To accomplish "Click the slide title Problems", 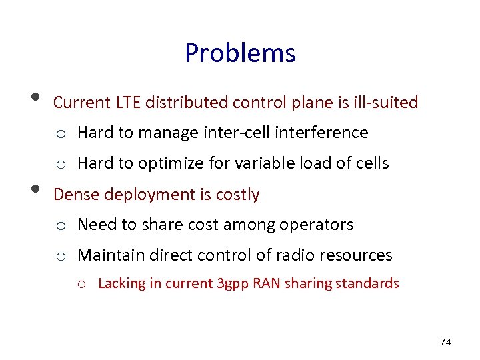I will pyautogui.click(x=240, y=53).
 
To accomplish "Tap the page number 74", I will pyautogui.click(x=446, y=343).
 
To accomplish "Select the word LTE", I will pyautogui.click(x=128, y=103).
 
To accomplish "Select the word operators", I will pyautogui.click(x=315, y=225).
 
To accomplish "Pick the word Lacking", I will pyautogui.click(x=121, y=283).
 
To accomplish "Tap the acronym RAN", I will pyautogui.click(x=269, y=283).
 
